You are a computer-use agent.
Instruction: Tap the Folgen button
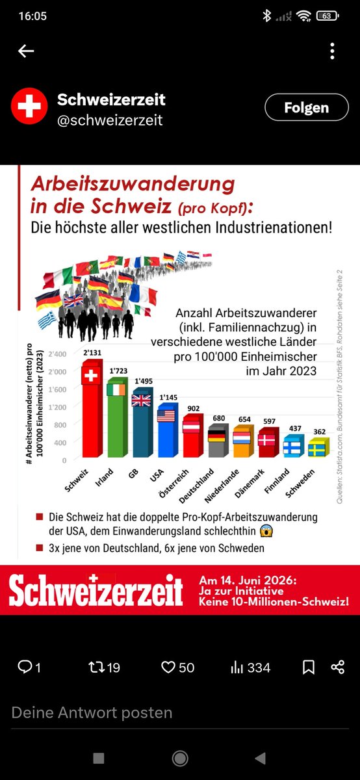pyautogui.click(x=307, y=108)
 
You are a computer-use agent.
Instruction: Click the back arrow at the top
pyautogui.click(x=26, y=51)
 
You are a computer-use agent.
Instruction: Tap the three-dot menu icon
pyautogui.click(x=332, y=51)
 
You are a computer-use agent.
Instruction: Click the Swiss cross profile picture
pyautogui.click(x=29, y=107)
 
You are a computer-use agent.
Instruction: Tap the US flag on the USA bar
pyautogui.click(x=166, y=416)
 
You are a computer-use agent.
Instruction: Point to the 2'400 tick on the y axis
pyautogui.click(x=57, y=354)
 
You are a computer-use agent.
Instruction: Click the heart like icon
pyautogui.click(x=168, y=668)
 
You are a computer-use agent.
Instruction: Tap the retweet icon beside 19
pyautogui.click(x=96, y=668)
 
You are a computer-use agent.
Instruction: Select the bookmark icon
pyautogui.click(x=309, y=668)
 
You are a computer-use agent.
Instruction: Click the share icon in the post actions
pyautogui.click(x=338, y=668)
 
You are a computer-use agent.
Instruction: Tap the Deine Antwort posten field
pyautogui.click(x=92, y=712)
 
